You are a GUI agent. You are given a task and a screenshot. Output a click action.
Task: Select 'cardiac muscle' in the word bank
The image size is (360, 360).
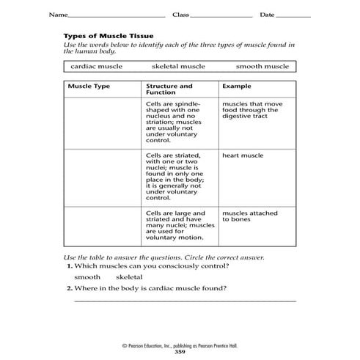pyautogui.click(x=97, y=67)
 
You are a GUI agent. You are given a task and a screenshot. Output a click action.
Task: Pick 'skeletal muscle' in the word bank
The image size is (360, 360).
pyautogui.click(x=178, y=67)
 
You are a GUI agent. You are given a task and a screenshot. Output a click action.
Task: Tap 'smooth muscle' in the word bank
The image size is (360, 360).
pyautogui.click(x=262, y=67)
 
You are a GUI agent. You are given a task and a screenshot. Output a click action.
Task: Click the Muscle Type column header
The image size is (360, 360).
pyautogui.click(x=89, y=86)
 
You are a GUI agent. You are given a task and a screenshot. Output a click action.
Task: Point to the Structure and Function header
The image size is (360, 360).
pyautogui.click(x=170, y=89)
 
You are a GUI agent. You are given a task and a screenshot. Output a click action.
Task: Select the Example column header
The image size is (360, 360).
pyautogui.click(x=236, y=86)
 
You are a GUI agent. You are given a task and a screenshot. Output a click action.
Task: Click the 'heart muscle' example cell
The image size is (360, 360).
pyautogui.click(x=242, y=156)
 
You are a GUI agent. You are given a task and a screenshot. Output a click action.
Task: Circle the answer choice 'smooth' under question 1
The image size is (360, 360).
pyautogui.click(x=87, y=278)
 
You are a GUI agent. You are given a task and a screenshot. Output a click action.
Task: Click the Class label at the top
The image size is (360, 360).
pyautogui.click(x=180, y=15)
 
